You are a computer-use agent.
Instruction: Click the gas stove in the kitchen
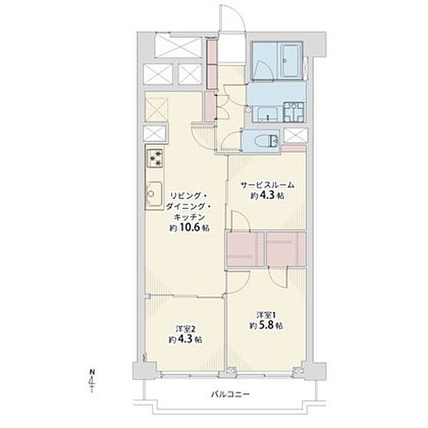[x=155, y=158]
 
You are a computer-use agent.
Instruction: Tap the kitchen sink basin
[x=153, y=193]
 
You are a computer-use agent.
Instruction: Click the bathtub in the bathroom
[x=290, y=61]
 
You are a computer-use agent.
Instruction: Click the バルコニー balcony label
[x=230, y=394]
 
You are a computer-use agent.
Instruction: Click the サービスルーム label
[x=267, y=185]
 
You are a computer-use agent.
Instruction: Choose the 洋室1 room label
[x=266, y=315]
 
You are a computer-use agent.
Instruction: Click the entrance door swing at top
[x=233, y=19]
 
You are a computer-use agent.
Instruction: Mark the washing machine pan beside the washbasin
[x=294, y=112]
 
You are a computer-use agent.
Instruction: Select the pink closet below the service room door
[x=245, y=249]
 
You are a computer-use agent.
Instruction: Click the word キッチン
[x=189, y=217]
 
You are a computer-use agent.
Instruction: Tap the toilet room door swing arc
[x=231, y=141]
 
